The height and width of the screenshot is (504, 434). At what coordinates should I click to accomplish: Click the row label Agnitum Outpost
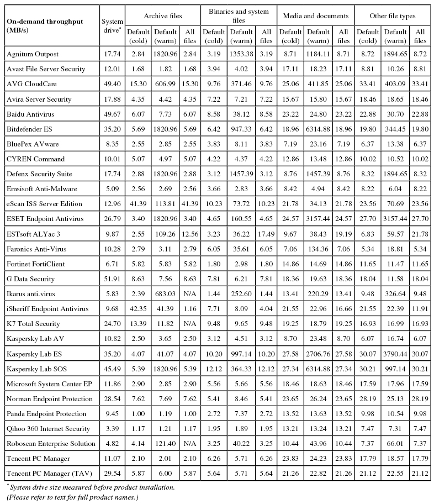[x=31, y=54]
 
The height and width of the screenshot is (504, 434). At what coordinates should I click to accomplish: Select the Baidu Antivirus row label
[x=31, y=114]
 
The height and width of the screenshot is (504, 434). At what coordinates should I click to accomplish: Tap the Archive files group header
[x=163, y=16]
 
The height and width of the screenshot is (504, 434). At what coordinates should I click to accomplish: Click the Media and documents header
[x=315, y=16]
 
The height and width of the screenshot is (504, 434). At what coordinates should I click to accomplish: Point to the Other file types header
[x=393, y=16]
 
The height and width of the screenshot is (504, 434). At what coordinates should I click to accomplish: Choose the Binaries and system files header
[x=238, y=16]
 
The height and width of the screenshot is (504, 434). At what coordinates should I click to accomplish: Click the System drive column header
[x=113, y=25]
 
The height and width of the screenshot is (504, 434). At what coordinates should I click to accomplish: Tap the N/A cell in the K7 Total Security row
[x=190, y=323]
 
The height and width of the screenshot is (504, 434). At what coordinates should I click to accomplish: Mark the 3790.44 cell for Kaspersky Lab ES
[x=395, y=353]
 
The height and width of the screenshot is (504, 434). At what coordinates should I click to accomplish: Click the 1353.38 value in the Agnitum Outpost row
[x=242, y=54]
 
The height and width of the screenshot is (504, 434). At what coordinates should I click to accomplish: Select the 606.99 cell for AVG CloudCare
[x=166, y=84]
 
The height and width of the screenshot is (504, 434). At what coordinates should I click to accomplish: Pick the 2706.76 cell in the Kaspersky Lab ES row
[x=317, y=353]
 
